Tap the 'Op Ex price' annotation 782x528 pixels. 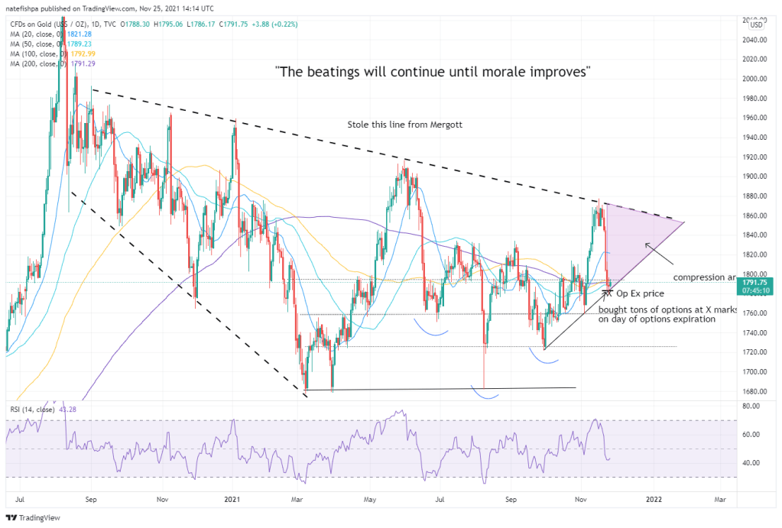click(639, 293)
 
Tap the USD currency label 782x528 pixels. click(756, 24)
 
